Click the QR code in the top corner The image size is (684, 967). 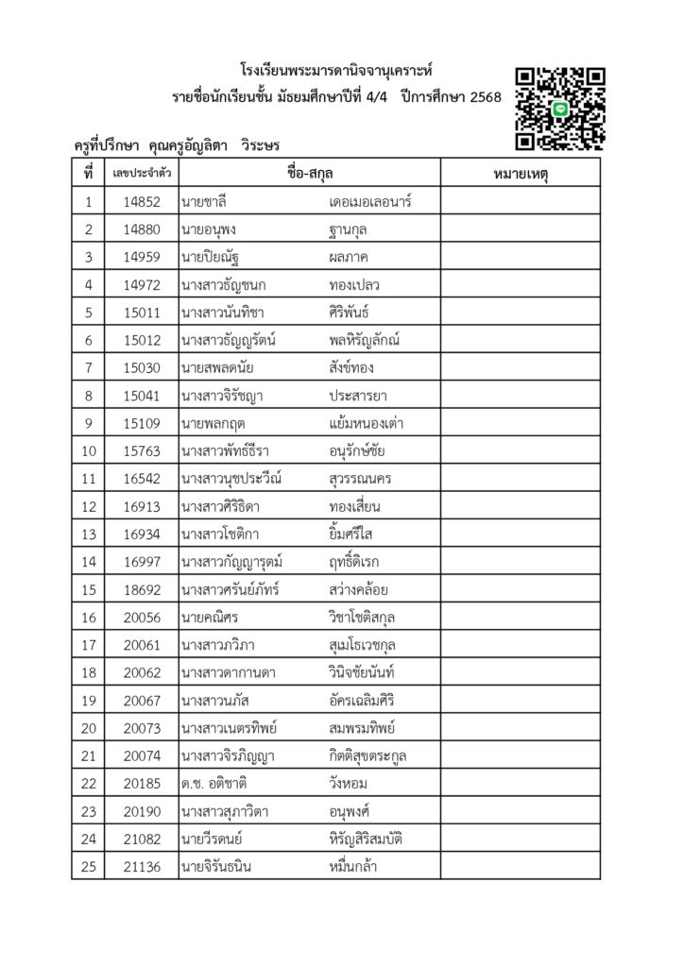pyautogui.click(x=560, y=108)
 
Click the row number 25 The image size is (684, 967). pyautogui.click(x=88, y=866)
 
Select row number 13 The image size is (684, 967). pyautogui.click(x=88, y=534)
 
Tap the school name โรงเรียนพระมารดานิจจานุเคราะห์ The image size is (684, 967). pyautogui.click(x=341, y=71)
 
